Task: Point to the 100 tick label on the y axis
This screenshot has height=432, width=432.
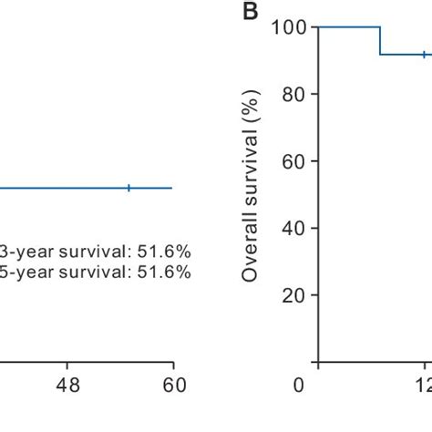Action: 288,27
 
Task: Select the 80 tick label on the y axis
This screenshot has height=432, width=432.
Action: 293,95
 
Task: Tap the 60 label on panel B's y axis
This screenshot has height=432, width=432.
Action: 293,161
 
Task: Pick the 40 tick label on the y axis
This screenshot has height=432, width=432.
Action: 293,229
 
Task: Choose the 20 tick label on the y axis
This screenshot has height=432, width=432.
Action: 293,296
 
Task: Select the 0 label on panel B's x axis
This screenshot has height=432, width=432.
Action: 298,386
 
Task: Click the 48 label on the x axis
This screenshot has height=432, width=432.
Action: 67,386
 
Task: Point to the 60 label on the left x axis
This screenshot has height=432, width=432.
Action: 173,386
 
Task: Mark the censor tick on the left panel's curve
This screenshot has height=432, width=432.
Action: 129,188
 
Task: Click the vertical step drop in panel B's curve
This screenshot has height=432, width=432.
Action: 380,41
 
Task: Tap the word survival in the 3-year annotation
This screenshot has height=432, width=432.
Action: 92,252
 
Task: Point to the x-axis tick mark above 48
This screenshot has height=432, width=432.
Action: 67,365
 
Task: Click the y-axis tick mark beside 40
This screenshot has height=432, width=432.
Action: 314,229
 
